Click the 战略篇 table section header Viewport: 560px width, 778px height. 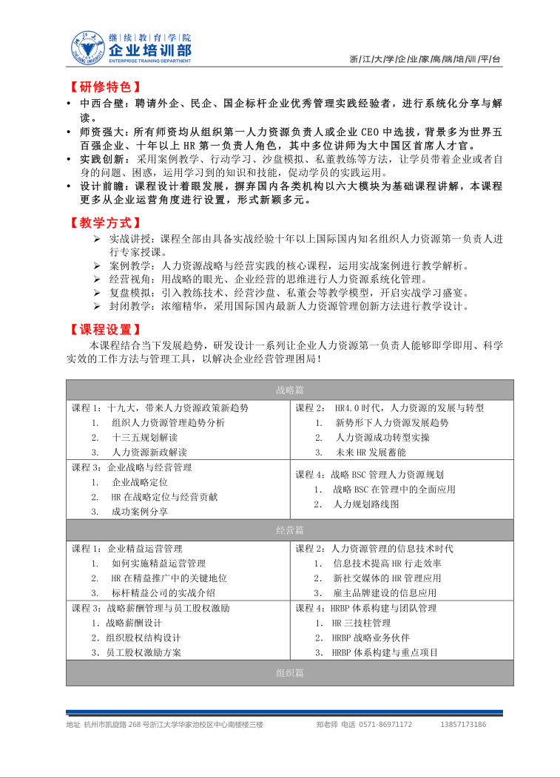click(x=289, y=390)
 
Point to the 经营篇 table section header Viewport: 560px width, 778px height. click(x=289, y=530)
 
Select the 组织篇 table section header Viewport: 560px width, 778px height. click(x=289, y=672)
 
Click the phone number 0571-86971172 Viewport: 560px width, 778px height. click(x=385, y=725)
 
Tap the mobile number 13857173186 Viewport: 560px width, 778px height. click(x=463, y=725)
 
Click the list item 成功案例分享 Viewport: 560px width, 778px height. click(x=140, y=512)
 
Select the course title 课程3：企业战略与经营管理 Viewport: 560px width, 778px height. click(x=132, y=467)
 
